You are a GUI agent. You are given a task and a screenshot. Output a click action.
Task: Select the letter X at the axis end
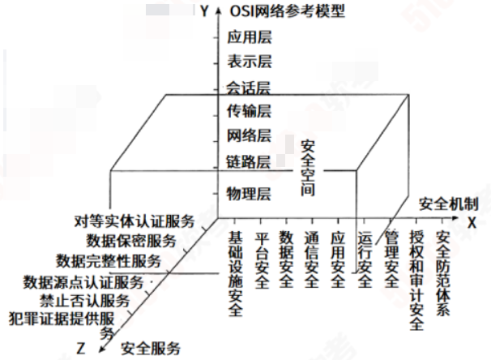pyautogui.click(x=472, y=220)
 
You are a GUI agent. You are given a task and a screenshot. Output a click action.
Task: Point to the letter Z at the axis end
pyautogui.click(x=80, y=349)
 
